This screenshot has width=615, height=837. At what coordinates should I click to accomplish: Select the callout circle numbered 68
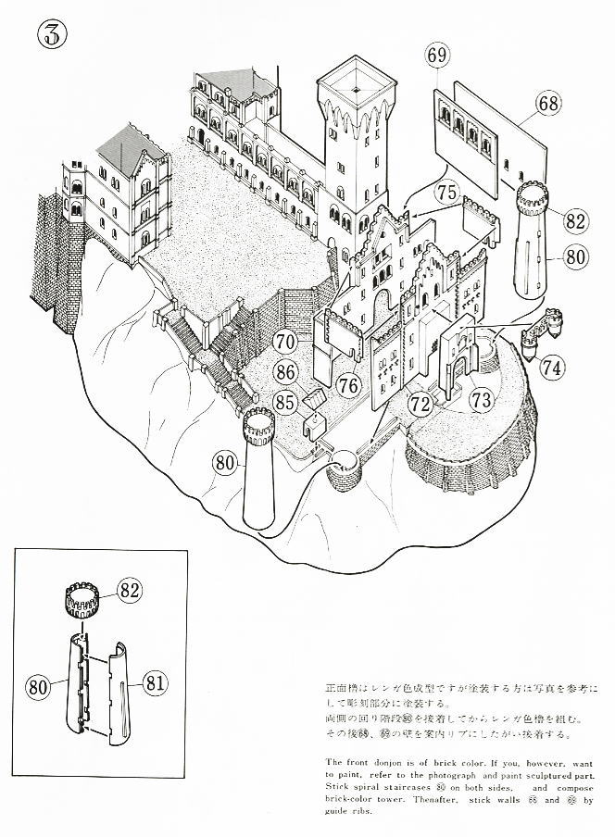[547, 104]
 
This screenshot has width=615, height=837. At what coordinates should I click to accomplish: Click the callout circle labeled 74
[552, 366]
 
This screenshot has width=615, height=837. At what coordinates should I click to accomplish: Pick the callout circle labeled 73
[479, 400]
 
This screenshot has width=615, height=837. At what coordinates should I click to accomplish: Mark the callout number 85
[284, 403]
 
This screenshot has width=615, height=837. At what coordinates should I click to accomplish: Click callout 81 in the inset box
[154, 686]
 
